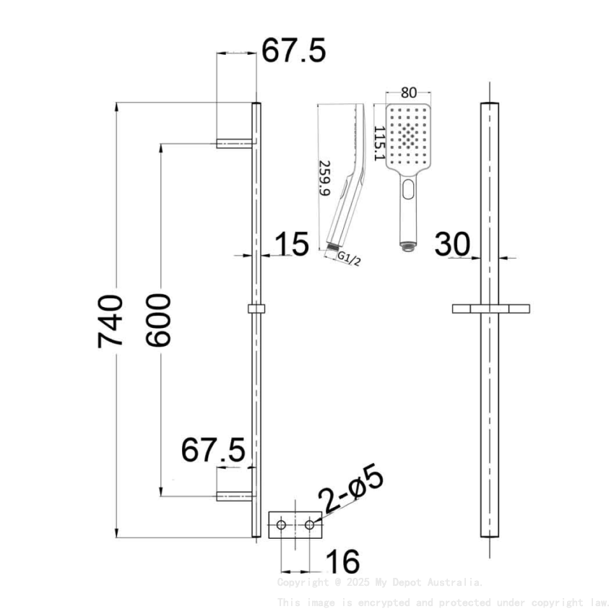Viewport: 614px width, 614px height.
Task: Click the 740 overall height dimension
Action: pyautogui.click(x=111, y=321)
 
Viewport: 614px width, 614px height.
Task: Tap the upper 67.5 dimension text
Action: pyautogui.click(x=293, y=51)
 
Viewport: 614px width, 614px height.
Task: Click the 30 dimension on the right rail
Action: pyautogui.click(x=452, y=245)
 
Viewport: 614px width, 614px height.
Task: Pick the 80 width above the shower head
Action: pyautogui.click(x=409, y=92)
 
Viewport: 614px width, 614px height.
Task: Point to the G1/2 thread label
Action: pyautogui.click(x=349, y=258)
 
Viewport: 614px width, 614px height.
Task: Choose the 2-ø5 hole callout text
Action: pyautogui.click(x=352, y=491)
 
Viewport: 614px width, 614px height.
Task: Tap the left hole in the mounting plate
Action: pyautogui.click(x=281, y=524)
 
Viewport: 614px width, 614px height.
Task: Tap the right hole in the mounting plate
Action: pyautogui.click(x=309, y=524)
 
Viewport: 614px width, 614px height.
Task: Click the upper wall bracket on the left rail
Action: pyautogui.click(x=234, y=144)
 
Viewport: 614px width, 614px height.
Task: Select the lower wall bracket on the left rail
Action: pyautogui.click(x=234, y=496)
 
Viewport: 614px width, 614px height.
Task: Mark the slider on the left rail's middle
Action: pyautogui.click(x=256, y=309)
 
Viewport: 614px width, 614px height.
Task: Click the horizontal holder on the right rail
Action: pyautogui.click(x=490, y=309)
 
